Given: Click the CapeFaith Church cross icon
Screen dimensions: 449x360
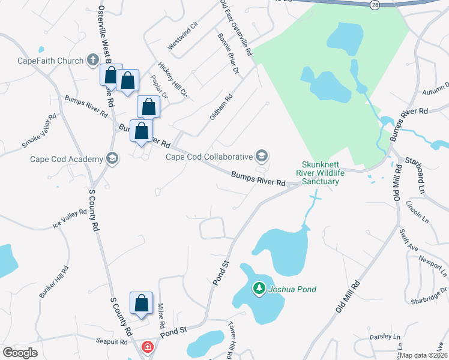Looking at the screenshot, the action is [92, 60].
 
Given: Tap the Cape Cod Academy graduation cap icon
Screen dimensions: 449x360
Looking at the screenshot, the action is [111, 158].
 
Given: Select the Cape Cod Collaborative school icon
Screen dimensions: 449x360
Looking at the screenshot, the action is [261, 157].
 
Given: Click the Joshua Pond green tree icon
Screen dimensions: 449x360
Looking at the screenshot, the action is [259, 289].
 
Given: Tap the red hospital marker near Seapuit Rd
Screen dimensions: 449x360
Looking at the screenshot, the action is [147, 347].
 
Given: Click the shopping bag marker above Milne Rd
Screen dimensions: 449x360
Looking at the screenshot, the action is [141, 303].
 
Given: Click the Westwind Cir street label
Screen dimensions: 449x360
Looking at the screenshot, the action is [182, 37].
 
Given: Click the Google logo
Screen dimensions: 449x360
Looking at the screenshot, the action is [20, 353].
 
